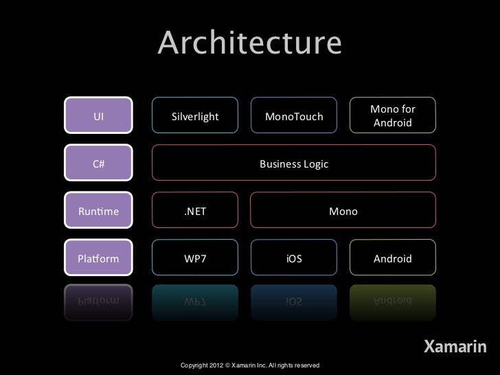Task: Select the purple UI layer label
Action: [x=98, y=116]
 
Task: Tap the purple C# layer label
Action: [x=98, y=164]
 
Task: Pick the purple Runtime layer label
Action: [x=98, y=212]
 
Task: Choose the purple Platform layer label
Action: [x=98, y=259]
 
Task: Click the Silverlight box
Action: [x=195, y=116]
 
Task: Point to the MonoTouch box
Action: [x=293, y=116]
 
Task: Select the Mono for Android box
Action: [x=392, y=116]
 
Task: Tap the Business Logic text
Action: [x=294, y=164]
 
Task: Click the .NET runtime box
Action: [x=195, y=212]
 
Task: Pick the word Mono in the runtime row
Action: [x=343, y=212]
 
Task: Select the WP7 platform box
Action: [x=195, y=259]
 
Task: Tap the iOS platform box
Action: [x=294, y=259]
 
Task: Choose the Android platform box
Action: [x=392, y=259]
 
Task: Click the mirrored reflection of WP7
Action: [x=195, y=300]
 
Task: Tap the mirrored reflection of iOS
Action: [x=294, y=300]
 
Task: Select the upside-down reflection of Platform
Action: [x=98, y=300]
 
